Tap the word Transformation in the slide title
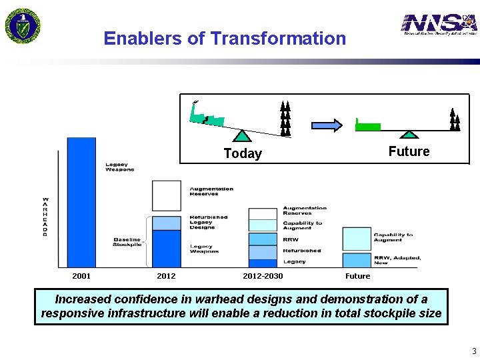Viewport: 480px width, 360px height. coord(278,39)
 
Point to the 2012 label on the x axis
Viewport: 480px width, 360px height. coord(166,276)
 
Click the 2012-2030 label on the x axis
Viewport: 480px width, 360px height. coord(263,276)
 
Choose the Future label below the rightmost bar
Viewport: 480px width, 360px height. coord(357,276)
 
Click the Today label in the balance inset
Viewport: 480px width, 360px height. coord(243,154)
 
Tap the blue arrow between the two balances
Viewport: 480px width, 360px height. coord(327,125)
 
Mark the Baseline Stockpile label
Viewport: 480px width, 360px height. coord(127,242)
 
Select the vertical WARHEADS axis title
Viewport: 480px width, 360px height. coord(45,217)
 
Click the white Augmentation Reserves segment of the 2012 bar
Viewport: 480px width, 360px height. coord(166,195)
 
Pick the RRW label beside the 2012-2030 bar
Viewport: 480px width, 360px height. coord(291,239)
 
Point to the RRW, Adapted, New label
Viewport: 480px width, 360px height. coord(397,260)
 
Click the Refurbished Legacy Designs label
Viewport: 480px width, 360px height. coord(209,222)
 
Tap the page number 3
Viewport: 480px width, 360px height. coord(473,351)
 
